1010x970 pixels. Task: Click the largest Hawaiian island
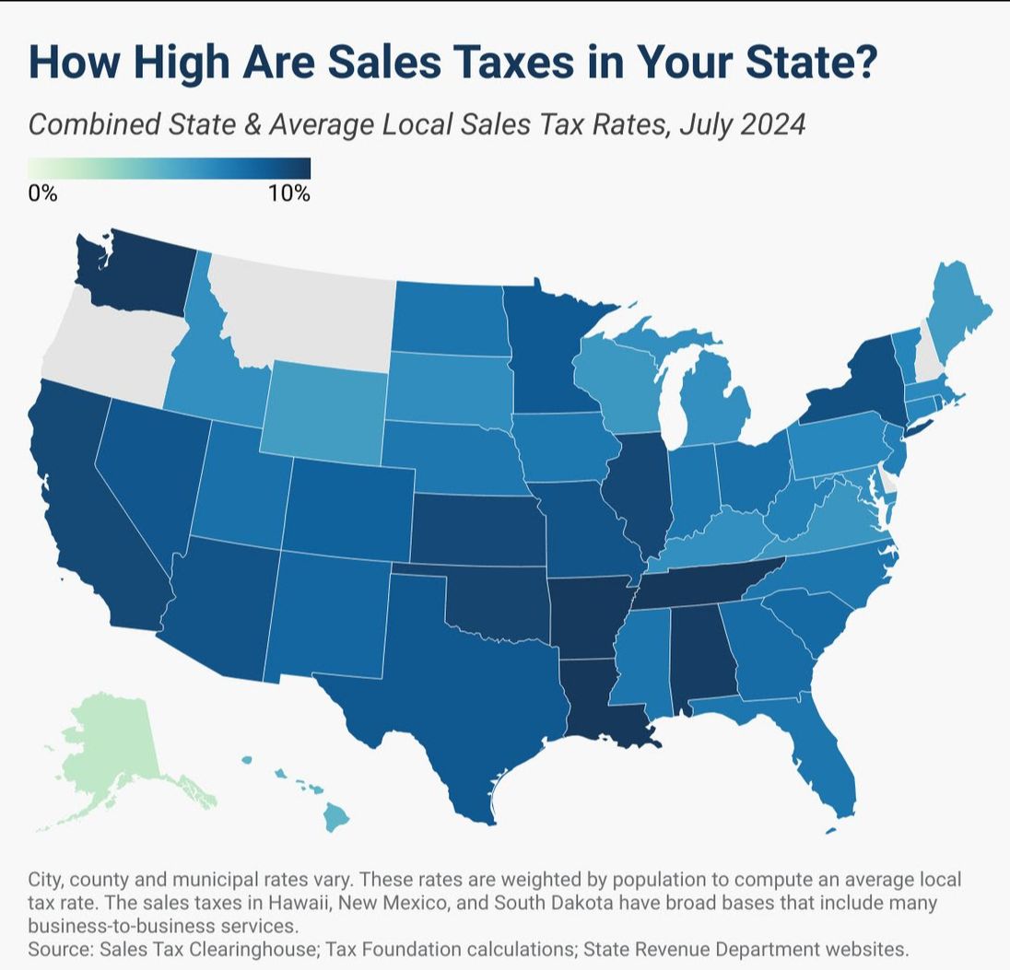click(335, 817)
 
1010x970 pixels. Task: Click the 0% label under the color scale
click(42, 193)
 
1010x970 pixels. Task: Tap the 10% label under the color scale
click(290, 193)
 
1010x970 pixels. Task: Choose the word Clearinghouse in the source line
click(253, 950)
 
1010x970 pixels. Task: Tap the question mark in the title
click(863, 61)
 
